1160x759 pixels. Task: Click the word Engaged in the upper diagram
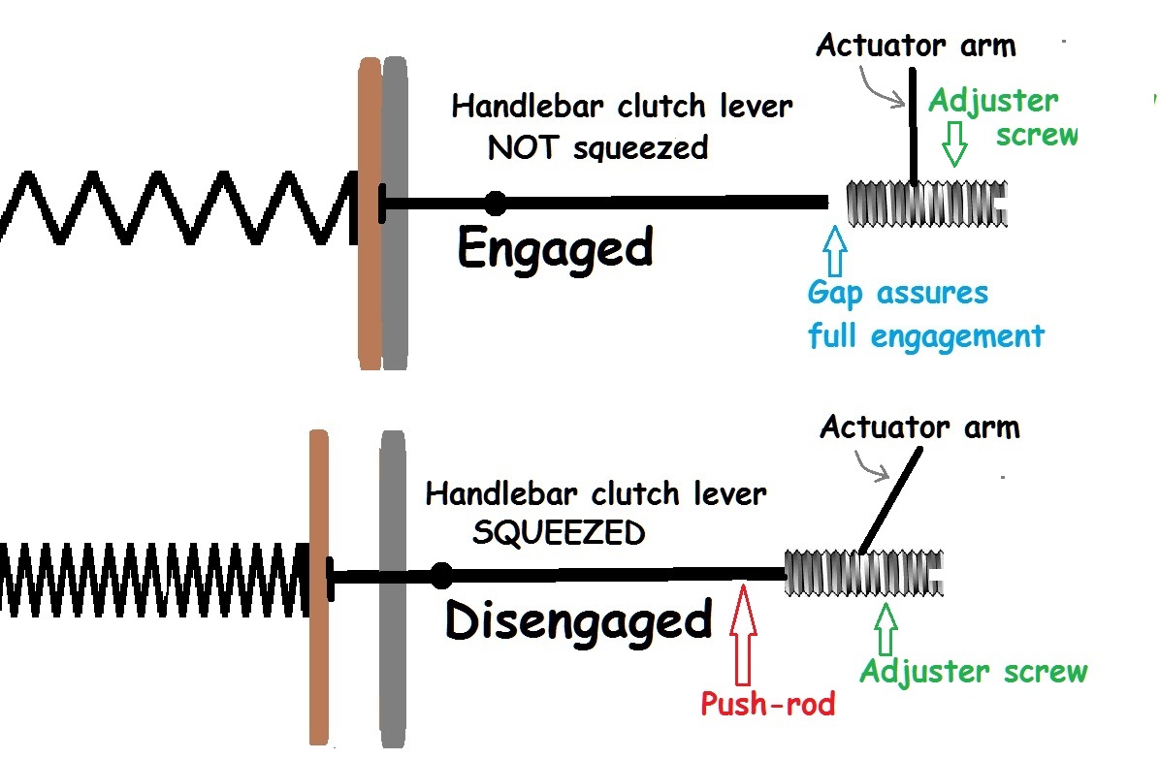[x=555, y=248]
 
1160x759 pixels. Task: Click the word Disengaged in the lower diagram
[x=578, y=620]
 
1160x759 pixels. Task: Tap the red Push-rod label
[x=767, y=703]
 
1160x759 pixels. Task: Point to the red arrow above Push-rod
[x=742, y=630]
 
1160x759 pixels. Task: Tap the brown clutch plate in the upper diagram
[x=370, y=213]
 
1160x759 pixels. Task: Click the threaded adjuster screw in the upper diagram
[x=926, y=204]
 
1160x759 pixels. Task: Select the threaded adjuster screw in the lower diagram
[x=862, y=573]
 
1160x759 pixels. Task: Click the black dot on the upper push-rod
[x=496, y=203]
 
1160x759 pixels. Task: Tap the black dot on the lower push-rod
[x=441, y=575]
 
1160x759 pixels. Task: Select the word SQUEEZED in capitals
[x=558, y=532]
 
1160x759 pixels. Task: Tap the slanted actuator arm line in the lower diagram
[x=886, y=504]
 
